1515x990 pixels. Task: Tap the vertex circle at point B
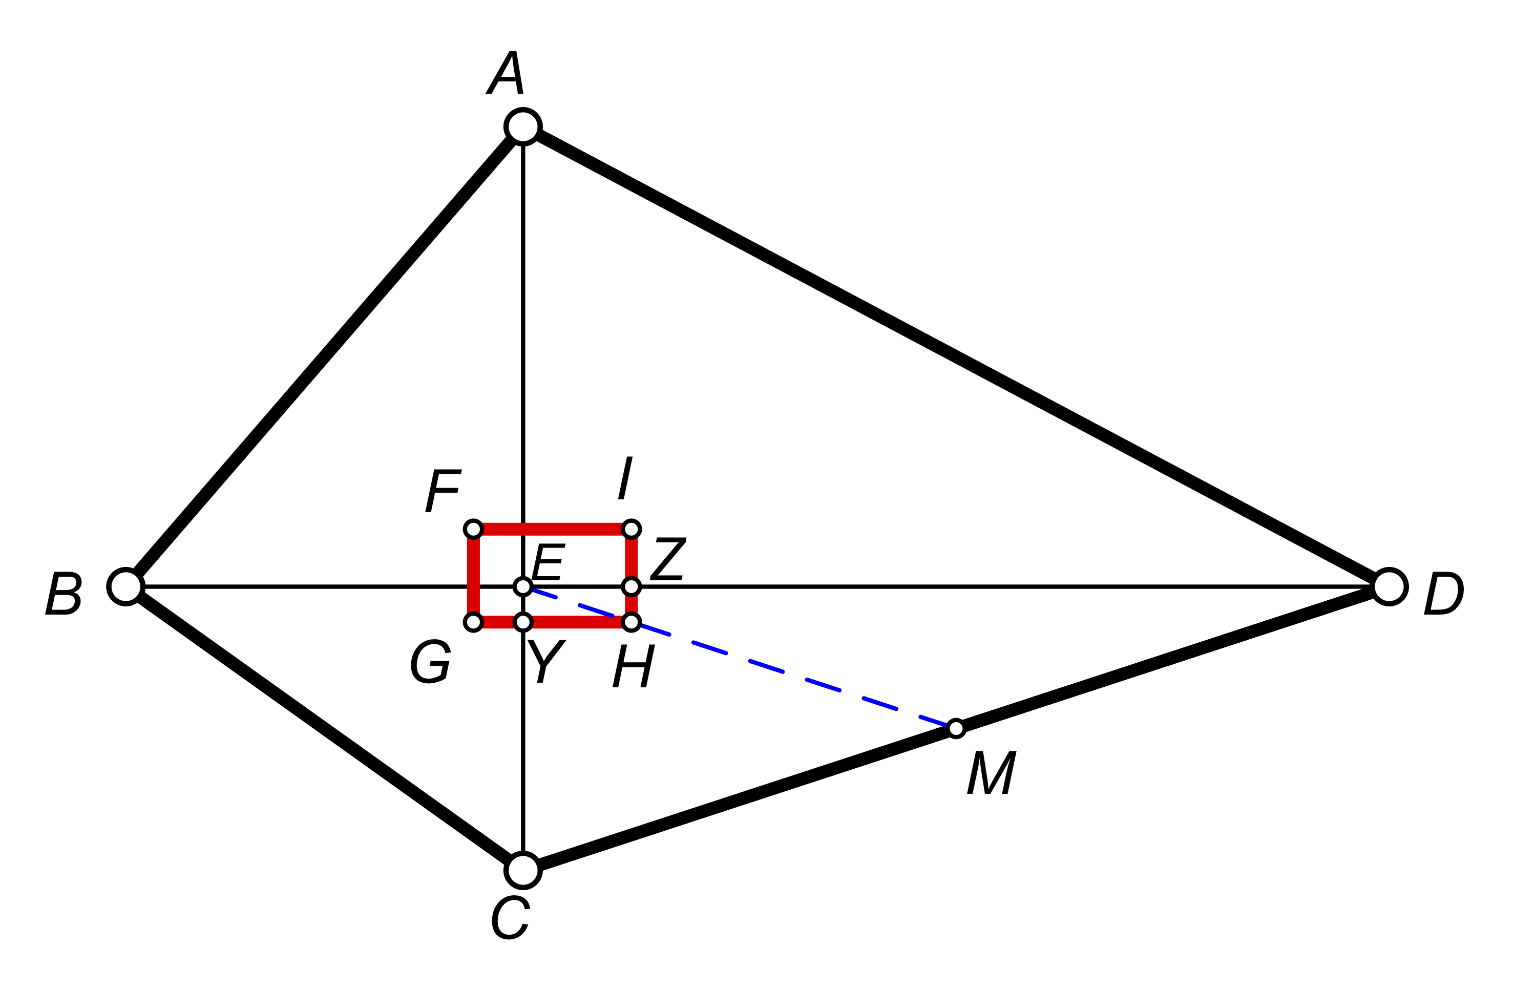(126, 586)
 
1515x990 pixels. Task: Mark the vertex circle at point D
(1389, 586)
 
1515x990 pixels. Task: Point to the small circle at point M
(956, 728)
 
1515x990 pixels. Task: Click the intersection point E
(522, 586)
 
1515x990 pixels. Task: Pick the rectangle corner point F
(473, 529)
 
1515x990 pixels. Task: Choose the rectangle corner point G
(473, 621)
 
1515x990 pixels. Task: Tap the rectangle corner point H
(631, 621)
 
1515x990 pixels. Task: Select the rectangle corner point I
(631, 529)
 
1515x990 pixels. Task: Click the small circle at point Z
(631, 586)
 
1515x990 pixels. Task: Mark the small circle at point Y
(522, 621)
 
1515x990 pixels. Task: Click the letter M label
(991, 773)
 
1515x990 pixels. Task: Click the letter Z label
(668, 558)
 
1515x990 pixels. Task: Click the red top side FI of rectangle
(560, 529)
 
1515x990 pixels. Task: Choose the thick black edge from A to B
(325, 356)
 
